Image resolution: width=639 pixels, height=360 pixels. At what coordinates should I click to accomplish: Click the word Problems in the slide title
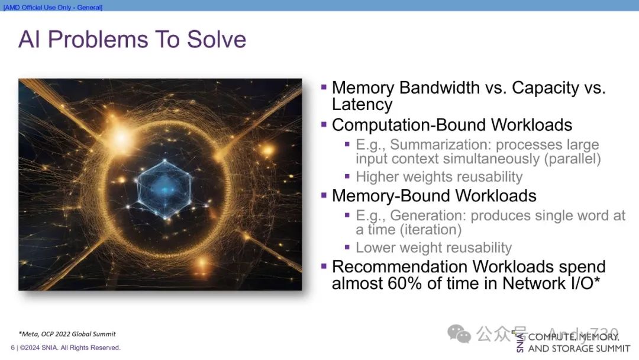[x=98, y=40]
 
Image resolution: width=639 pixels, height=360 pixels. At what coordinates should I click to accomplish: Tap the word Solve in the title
[x=217, y=40]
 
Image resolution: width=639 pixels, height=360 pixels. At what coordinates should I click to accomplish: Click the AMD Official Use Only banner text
[x=53, y=7]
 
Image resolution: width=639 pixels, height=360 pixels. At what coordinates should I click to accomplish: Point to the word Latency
[x=362, y=104]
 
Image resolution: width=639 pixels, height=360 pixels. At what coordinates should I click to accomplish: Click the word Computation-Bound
[x=409, y=125]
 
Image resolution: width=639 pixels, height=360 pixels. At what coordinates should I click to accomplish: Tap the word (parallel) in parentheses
[x=572, y=159]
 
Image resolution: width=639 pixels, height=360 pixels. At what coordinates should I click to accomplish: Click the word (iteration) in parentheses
[x=430, y=230]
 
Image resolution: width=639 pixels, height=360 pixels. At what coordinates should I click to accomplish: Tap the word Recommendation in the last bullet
[x=399, y=266]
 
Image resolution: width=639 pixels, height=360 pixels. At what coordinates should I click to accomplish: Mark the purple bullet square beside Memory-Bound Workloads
[x=324, y=195]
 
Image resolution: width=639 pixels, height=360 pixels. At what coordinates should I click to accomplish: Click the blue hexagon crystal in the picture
[x=164, y=189]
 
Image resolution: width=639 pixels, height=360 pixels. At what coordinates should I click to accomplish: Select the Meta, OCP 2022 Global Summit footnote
[x=67, y=334]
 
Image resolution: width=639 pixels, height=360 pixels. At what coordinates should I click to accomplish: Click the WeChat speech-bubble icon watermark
[x=459, y=334]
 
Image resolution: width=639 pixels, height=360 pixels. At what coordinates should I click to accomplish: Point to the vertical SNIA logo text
[x=520, y=342]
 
